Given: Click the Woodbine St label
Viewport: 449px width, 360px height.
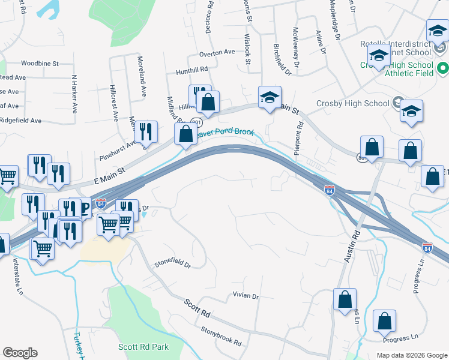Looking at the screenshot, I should [x=40, y=63].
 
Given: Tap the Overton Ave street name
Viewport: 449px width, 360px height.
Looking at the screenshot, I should [x=217, y=52].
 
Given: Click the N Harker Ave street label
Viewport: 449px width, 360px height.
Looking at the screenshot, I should [x=75, y=94].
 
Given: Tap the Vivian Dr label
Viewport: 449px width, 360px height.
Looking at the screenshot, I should [x=246, y=296].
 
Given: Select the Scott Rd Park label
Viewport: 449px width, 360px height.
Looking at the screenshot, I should [x=143, y=347].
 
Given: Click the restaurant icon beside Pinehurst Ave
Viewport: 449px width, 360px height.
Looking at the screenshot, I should [x=146, y=132].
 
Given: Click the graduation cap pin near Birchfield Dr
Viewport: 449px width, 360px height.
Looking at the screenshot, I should [x=270, y=97].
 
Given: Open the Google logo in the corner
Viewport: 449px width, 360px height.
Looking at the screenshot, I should [x=20, y=353].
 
